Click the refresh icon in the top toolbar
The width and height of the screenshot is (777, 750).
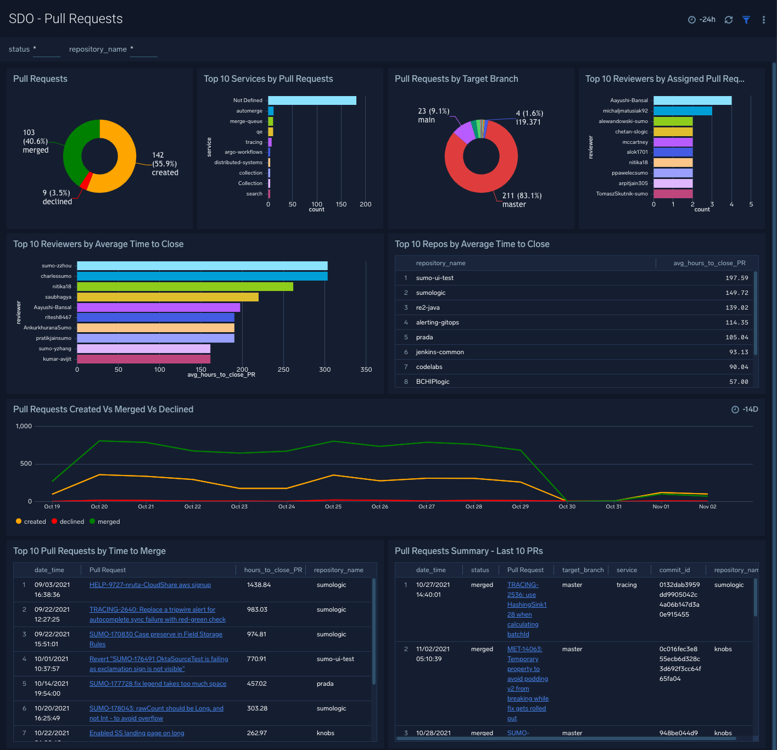click(729, 20)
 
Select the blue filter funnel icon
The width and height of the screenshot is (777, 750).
click(746, 20)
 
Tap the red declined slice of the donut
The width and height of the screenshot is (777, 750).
click(86, 181)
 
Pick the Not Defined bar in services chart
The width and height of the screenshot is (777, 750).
click(312, 100)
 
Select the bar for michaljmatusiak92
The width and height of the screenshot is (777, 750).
click(683, 111)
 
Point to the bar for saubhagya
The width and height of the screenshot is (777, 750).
click(167, 297)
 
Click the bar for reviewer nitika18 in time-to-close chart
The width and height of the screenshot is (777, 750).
click(185, 287)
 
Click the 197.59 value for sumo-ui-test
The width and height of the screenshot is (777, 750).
click(736, 278)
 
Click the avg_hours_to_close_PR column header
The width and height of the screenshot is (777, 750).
click(709, 264)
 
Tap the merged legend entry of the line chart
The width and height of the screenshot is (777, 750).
click(108, 522)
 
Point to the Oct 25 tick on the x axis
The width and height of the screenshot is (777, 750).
click(333, 507)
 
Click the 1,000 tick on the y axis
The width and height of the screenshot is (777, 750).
click(24, 427)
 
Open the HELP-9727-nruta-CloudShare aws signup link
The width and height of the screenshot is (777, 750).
click(150, 585)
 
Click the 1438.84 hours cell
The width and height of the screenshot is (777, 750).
click(259, 585)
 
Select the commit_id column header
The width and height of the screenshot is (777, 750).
click(674, 570)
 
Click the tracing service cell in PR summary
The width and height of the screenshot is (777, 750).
click(627, 585)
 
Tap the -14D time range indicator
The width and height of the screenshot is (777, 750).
click(745, 410)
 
